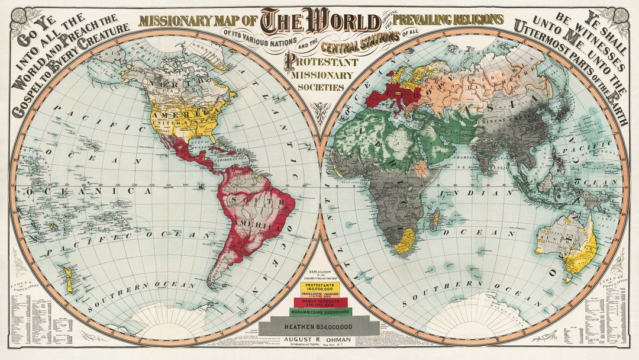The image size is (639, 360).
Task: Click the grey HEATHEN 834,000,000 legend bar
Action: [319, 326]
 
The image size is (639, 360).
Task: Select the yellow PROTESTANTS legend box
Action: [319, 286]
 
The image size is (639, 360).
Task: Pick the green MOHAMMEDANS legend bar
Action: [319, 311]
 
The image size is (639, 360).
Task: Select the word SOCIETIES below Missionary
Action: [320, 87]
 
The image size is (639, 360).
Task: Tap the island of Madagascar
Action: [435, 221]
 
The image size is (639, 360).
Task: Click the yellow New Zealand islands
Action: [66, 278]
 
